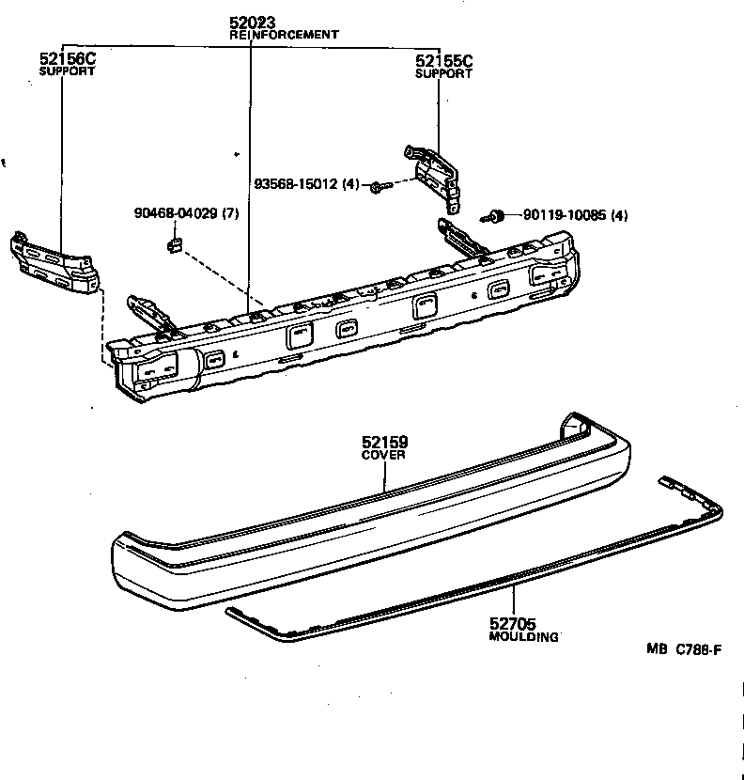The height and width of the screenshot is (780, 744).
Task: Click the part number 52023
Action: pyautogui.click(x=252, y=23)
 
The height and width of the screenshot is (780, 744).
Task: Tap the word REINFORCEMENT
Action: pyautogui.click(x=284, y=35)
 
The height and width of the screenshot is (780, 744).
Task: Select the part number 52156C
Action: pyautogui.click(x=68, y=58)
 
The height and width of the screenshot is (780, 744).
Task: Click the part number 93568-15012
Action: pyautogui.click(x=296, y=184)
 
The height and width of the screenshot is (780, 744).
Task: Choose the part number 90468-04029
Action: pyautogui.click(x=175, y=213)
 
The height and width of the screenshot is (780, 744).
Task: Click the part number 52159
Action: pyautogui.click(x=385, y=442)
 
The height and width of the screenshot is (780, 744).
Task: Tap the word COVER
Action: pyautogui.click(x=384, y=455)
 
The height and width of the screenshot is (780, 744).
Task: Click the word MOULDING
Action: pyautogui.click(x=524, y=637)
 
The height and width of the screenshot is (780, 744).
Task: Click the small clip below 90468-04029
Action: pyautogui.click(x=175, y=246)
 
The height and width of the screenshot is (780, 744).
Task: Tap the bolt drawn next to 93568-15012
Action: pyautogui.click(x=376, y=187)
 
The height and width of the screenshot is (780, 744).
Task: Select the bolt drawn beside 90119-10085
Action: pyautogui.click(x=495, y=217)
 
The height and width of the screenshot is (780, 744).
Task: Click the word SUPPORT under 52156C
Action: pyautogui.click(x=67, y=71)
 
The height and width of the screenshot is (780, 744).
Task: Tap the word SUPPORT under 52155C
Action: pyautogui.click(x=443, y=74)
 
